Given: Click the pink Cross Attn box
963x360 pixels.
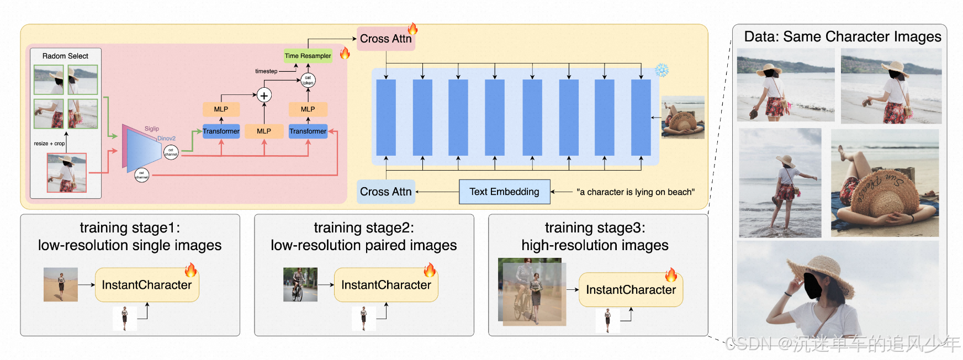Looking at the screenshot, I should tap(385, 39).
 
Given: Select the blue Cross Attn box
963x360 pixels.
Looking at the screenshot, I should tap(385, 192).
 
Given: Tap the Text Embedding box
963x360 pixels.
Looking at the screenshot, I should tap(504, 192).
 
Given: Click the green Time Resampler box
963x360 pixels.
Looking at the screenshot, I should tap(308, 56).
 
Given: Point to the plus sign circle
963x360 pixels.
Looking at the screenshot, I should tap(264, 96).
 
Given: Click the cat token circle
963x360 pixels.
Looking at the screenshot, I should tap(308, 81).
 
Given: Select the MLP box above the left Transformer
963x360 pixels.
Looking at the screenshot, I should tap(221, 109).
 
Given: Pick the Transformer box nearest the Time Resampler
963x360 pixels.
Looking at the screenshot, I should tap(308, 131).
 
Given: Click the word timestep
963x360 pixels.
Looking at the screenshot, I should tap(266, 71).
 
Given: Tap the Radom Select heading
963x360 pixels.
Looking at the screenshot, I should tap(65, 56).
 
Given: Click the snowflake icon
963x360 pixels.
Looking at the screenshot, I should tap(662, 70).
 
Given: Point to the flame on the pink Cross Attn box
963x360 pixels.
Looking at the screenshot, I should tap(412, 29).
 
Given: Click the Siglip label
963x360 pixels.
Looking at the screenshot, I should tap(152, 129).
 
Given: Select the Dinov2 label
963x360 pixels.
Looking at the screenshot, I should tap(166, 139).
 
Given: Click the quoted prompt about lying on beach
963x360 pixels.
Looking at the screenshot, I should tap(636, 192).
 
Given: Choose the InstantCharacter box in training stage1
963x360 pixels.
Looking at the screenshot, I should tap(147, 285).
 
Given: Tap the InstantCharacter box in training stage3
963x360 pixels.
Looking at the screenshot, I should tap(631, 290).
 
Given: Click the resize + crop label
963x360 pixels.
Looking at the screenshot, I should tap(49, 144).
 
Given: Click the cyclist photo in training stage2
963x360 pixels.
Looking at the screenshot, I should tap(300, 284).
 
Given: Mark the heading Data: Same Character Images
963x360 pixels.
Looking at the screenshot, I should tap(843, 37).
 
